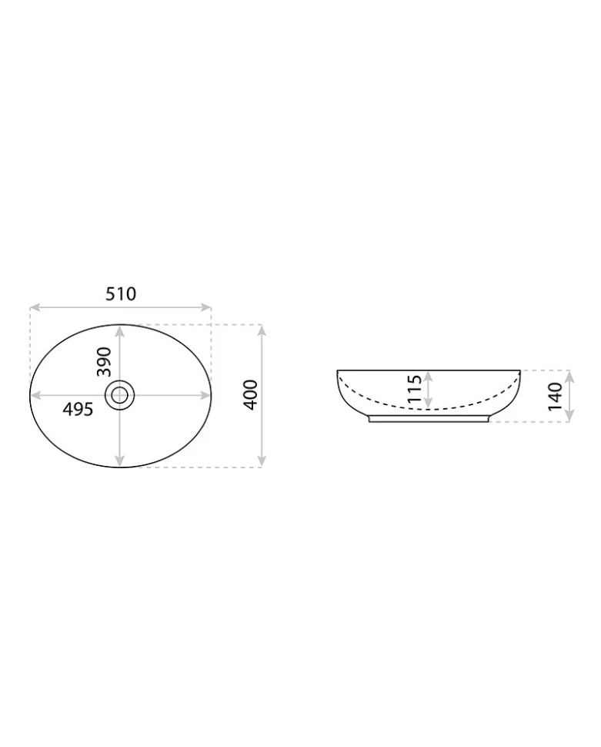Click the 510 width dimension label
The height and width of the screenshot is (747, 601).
[x=121, y=294]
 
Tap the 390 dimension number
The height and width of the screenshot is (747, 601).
[x=104, y=362]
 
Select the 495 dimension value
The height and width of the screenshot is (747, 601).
[x=78, y=409]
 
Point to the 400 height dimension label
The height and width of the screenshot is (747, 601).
[x=251, y=394]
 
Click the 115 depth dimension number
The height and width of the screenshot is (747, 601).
[x=415, y=389]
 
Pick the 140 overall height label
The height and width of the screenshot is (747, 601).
[x=555, y=397]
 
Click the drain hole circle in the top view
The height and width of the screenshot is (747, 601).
[x=119, y=394]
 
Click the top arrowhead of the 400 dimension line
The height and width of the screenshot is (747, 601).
[x=261, y=330]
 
